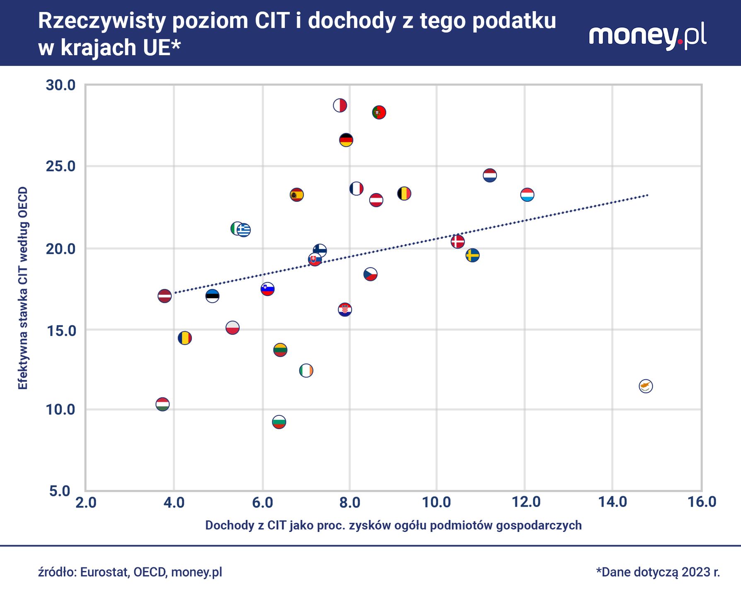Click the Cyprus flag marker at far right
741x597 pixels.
[x=646, y=386]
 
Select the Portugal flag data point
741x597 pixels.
[x=379, y=112]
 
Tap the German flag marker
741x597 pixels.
[x=346, y=140]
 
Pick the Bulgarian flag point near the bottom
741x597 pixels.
[x=279, y=422]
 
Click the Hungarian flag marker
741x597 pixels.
[x=162, y=404]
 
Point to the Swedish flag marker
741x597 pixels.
[x=472, y=255]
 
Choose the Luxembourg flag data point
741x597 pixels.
[x=527, y=194]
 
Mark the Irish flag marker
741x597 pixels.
[x=306, y=370]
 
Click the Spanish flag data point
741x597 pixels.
[x=297, y=194]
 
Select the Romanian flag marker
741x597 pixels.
[x=185, y=338]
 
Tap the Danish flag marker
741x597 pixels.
[x=458, y=241]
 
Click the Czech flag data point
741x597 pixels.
[x=370, y=274]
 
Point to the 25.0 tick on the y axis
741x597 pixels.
[x=61, y=167]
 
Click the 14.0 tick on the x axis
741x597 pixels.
[x=613, y=502]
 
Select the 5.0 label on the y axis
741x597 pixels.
[x=61, y=492]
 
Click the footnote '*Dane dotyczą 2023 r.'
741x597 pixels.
[x=658, y=572]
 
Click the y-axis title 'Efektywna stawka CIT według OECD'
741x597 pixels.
[x=23, y=288]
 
